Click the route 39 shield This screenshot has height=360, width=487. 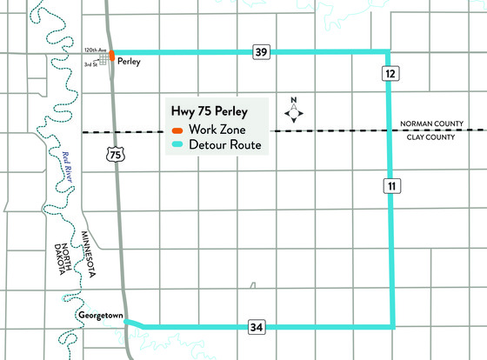(x=261, y=52)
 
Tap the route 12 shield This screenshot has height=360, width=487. (x=389, y=76)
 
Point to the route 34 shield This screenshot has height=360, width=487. (x=254, y=326)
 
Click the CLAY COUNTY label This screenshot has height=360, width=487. (x=435, y=137)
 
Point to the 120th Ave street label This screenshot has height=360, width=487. (x=95, y=51)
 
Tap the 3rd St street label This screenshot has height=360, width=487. (x=90, y=63)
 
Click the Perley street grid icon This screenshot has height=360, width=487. (x=104, y=58)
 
